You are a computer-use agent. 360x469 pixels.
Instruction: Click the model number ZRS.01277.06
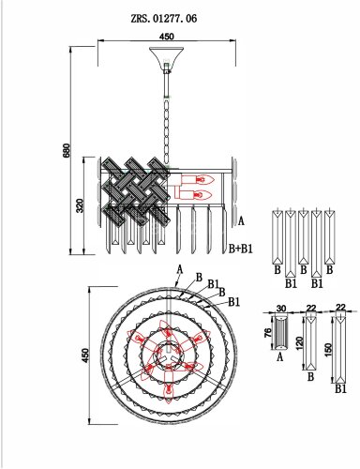point(164,19)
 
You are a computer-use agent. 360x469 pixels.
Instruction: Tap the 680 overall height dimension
point(67,150)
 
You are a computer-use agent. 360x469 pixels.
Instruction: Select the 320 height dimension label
point(80,205)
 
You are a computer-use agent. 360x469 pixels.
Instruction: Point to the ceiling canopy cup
point(167,55)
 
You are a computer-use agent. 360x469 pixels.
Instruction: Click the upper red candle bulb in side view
point(198,180)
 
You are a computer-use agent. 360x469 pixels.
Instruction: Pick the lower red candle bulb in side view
point(194,194)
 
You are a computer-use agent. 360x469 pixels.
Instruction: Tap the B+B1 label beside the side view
point(241,249)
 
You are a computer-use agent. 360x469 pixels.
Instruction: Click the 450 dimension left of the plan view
point(84,356)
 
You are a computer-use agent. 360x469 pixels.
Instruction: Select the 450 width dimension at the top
point(167,37)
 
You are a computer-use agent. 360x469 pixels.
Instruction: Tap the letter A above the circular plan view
point(179,269)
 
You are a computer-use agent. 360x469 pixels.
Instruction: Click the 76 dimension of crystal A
point(268,333)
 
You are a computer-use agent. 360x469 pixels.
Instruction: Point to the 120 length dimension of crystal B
point(299,344)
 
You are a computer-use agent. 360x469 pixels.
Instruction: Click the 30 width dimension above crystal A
point(281,309)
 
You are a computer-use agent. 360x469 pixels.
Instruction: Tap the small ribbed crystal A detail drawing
point(280,332)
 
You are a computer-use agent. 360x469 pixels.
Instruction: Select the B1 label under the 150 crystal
point(340,389)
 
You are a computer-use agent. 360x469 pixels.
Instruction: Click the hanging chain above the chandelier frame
point(168,130)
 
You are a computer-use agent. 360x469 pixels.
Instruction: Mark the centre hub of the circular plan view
point(169,356)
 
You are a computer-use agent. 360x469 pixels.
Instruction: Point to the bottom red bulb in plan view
point(169,386)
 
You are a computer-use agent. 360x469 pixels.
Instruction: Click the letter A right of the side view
point(241,221)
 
